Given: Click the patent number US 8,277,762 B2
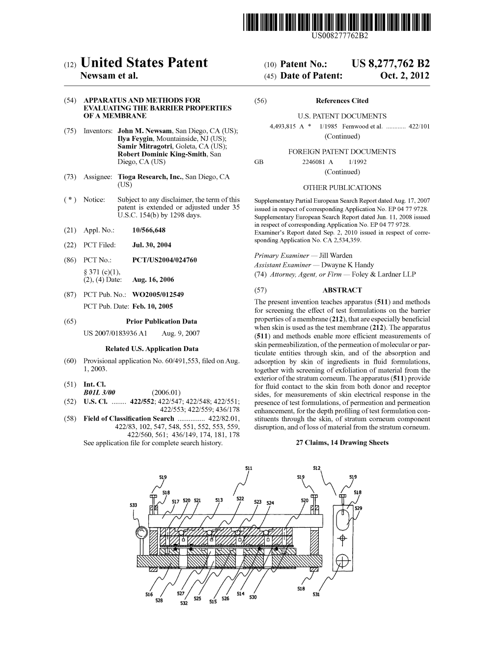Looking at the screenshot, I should coord(390,64).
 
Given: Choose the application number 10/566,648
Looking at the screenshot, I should coord(149,230).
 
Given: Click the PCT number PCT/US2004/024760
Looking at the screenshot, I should coord(165,260).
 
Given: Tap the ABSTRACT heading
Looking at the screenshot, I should coord(342,290).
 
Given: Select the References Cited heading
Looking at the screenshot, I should coord(342,101).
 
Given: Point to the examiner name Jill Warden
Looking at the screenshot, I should coord(335,256).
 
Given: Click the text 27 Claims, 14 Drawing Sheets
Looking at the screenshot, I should coord(342,443).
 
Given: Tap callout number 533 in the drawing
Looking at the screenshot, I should coord(134,505).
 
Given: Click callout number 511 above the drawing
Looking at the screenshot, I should coord(249,468).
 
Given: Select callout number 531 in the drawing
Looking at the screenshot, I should coord(316,594).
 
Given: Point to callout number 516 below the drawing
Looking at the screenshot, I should coord(149,594).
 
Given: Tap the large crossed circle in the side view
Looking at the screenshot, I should coord(342,561).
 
